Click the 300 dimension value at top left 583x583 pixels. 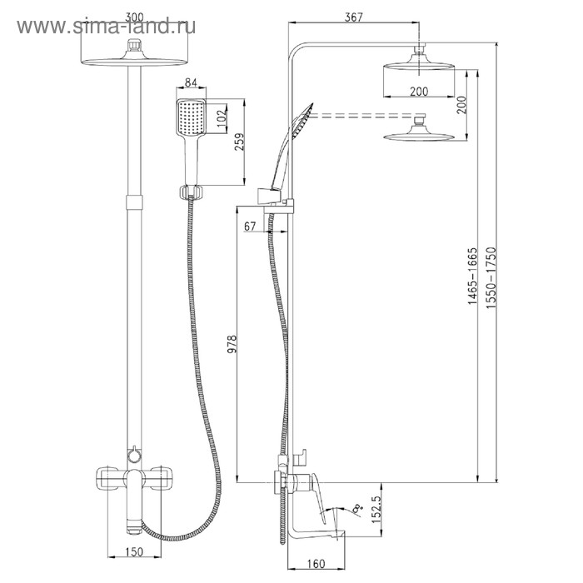pyautogui.click(x=133, y=16)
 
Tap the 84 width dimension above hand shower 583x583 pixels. pyautogui.click(x=190, y=82)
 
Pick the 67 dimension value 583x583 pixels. pyautogui.click(x=251, y=227)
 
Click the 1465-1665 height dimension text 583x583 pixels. pyautogui.click(x=472, y=277)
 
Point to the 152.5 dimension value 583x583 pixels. pyautogui.click(x=375, y=510)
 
